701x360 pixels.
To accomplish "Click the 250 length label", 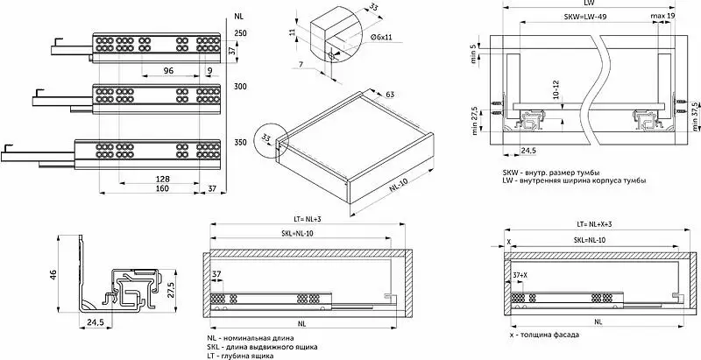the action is point(240,33).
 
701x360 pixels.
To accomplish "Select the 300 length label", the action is point(240,87).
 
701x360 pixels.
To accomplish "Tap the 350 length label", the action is point(240,143).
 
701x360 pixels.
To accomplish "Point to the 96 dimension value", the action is point(168,71).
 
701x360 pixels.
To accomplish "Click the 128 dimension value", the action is point(162,179).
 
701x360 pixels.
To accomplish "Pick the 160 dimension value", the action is point(162,188).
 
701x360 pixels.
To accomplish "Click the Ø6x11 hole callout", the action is point(381,38).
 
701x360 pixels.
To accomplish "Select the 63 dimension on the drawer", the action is point(389,95).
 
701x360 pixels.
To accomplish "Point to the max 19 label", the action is point(662,17).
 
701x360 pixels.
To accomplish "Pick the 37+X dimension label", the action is point(520,276).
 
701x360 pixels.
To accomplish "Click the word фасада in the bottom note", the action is point(566,335).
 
